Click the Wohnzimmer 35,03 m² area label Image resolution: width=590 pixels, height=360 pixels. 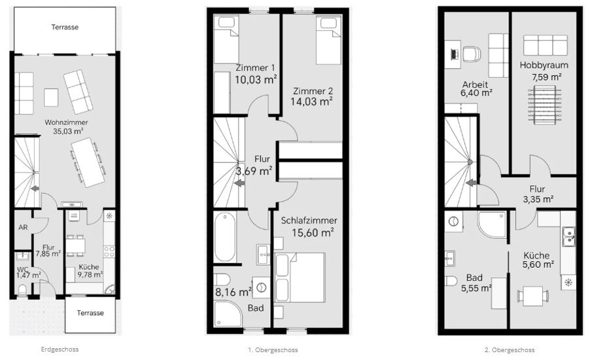pos(66,127)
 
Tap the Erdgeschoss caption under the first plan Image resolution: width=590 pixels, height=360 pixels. pos(60,349)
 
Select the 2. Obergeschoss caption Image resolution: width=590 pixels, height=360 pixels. pos(510,350)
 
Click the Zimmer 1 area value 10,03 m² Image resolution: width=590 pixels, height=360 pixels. pos(256,79)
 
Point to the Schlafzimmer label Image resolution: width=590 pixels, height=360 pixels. pos(309,221)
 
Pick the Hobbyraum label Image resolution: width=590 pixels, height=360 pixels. pos(544,65)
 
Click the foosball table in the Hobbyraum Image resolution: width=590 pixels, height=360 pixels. pos(544,104)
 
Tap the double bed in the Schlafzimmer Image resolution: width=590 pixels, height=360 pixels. pos(300,278)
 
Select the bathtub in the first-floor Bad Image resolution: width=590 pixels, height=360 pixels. pos(225,237)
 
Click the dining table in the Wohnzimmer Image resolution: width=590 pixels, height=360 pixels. pos(88,162)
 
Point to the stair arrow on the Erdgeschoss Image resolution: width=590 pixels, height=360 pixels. pos(35,189)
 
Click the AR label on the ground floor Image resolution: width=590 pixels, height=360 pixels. pos(23,227)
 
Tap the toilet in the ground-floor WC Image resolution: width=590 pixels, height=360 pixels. pos(23,289)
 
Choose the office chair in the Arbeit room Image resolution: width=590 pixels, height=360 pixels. pos(472,54)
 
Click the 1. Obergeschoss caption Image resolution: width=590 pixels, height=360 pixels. pos(273,350)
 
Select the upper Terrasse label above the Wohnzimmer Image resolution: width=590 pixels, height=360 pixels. pos(65,27)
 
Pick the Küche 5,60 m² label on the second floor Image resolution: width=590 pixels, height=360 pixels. pos(538,261)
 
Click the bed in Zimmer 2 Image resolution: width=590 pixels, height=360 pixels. pos(328,40)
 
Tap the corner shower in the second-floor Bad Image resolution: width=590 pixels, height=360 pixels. pos(492,225)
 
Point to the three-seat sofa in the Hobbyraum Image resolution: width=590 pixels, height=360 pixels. pos(546,45)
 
